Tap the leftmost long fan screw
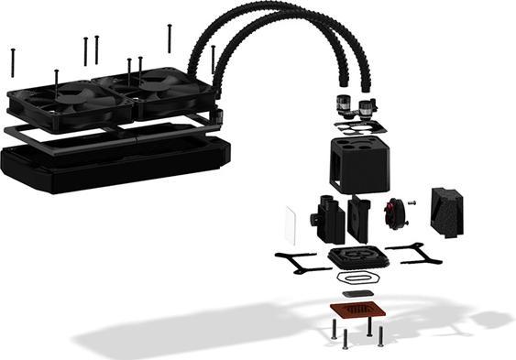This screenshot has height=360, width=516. pos(13,62)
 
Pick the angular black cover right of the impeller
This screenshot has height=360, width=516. pos(448,211)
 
